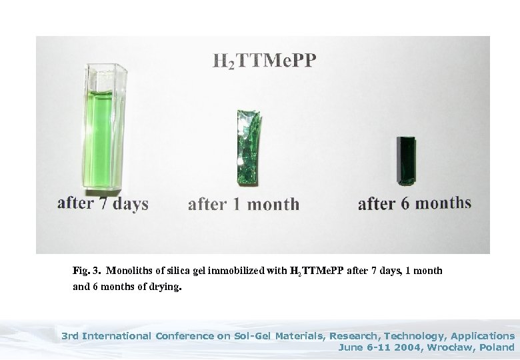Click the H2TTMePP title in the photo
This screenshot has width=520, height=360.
click(x=265, y=61)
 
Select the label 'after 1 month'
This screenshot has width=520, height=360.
click(x=243, y=204)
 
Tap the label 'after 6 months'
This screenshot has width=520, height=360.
click(x=414, y=203)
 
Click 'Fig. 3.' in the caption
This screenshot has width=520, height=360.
click(x=87, y=271)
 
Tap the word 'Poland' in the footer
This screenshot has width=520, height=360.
click(x=497, y=347)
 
